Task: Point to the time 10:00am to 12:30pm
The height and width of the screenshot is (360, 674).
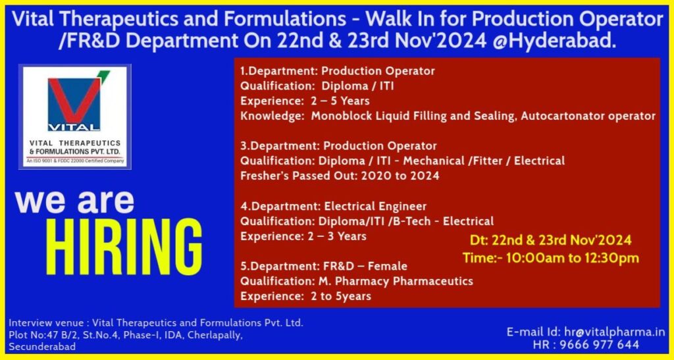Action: point(550,257)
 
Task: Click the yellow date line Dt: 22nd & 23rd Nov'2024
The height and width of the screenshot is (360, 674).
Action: point(550,240)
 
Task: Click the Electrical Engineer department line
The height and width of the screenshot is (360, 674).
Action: point(333,206)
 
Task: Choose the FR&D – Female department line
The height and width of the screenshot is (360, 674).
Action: point(323,266)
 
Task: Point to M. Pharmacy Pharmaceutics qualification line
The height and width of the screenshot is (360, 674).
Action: point(356,281)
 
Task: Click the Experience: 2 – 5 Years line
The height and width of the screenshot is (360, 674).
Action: point(304,101)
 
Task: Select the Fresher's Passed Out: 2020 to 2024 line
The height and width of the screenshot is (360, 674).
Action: point(340,176)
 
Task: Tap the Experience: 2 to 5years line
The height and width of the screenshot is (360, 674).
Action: point(305,296)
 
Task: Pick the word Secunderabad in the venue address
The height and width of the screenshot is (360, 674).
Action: point(42,347)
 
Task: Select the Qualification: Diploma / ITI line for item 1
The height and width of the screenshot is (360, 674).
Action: point(317,86)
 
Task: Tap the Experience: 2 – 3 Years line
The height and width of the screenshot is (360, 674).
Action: point(303,236)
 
